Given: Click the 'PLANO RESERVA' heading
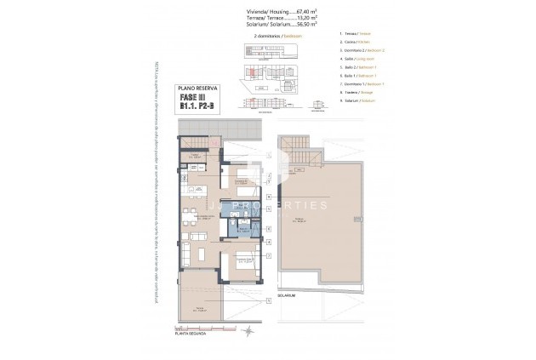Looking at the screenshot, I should tap(197, 88).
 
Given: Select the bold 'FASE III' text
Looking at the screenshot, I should tap(195, 98).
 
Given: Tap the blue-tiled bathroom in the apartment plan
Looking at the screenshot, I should tap(243, 229).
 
